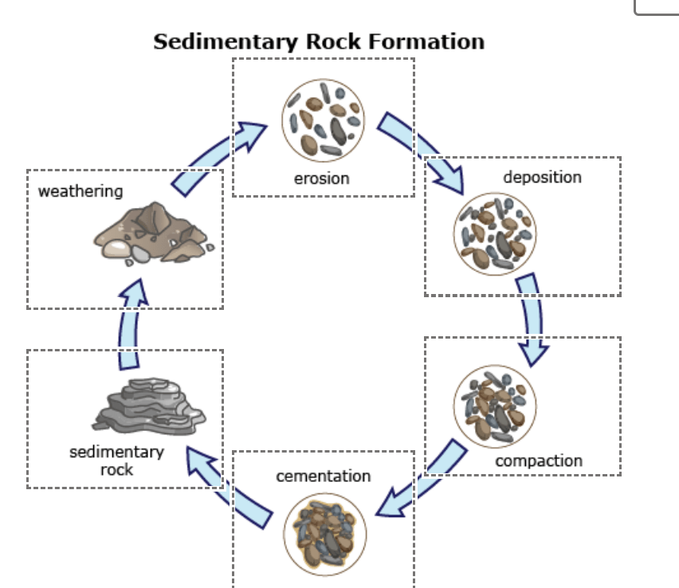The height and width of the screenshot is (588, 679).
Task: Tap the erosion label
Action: point(322,178)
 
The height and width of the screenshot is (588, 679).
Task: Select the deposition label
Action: point(542,176)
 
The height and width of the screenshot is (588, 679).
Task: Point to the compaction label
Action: point(539,461)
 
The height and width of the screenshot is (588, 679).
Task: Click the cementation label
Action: point(323,476)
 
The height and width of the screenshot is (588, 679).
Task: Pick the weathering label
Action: point(80,190)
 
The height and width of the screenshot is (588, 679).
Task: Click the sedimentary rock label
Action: point(116,461)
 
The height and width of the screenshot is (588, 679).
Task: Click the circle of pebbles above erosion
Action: point(323,120)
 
